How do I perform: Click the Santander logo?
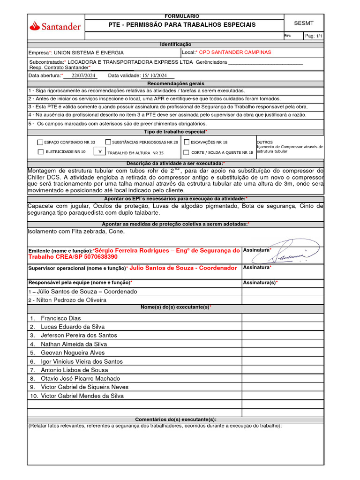[x=55, y=27]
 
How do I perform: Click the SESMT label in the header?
[x=303, y=23]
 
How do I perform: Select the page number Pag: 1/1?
[x=314, y=36]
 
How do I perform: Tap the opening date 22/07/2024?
[x=83, y=75]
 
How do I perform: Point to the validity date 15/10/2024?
[x=154, y=75]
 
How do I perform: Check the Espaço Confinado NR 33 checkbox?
[x=40, y=142]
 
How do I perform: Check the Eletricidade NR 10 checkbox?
[x=40, y=152]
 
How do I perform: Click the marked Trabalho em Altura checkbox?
[x=99, y=151]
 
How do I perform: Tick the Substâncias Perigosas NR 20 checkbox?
[x=108, y=142]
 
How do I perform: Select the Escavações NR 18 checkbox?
[x=187, y=142]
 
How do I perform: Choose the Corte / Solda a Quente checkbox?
[x=187, y=152]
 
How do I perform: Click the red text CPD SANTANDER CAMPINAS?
[x=235, y=52]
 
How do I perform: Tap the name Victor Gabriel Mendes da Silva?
[x=82, y=396]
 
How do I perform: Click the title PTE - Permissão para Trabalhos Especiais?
[x=182, y=24]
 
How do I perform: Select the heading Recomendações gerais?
[x=176, y=83]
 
